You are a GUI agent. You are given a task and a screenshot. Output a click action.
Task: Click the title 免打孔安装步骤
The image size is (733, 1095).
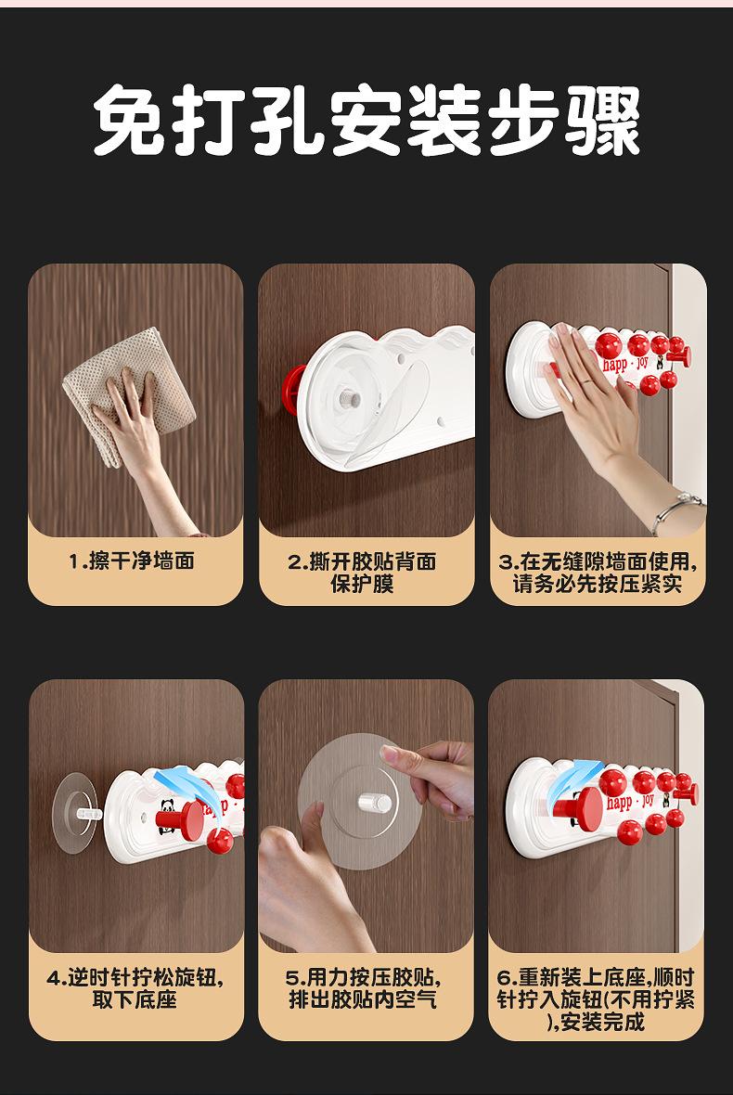coord(366,120)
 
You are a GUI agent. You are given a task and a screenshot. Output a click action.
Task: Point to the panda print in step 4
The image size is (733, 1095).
coord(167,808)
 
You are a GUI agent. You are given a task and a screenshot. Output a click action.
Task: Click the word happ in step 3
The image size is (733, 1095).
coord(615,366)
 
